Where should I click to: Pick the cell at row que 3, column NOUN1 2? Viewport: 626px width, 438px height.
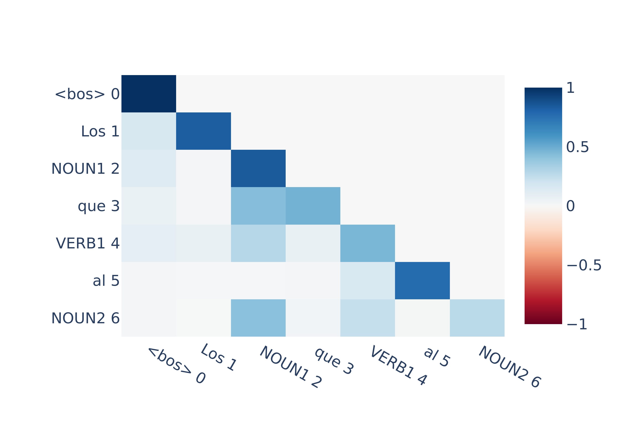pos(258,206)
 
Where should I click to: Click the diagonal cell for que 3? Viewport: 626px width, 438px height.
pos(313,206)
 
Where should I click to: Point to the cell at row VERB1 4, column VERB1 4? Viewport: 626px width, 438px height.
pos(367,243)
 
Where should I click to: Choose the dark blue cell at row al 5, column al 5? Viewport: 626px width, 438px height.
pos(422,281)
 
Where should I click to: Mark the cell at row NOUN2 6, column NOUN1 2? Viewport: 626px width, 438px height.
pos(258,318)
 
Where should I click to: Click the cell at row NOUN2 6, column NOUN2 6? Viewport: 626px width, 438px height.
pos(477,318)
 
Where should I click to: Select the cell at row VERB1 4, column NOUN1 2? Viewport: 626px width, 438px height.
pos(258,243)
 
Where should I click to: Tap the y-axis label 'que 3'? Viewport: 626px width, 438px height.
pos(99,206)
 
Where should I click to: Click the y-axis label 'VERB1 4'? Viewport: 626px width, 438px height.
pos(88,243)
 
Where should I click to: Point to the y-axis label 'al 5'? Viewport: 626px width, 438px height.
pos(106,281)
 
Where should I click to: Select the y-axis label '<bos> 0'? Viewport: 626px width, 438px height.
pos(87,94)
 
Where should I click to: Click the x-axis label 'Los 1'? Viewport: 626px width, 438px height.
pos(219,357)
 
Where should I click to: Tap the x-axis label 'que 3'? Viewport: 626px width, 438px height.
pos(334,361)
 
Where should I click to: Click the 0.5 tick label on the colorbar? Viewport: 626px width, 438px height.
pos(577,147)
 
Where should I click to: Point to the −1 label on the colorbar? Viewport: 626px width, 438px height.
pos(577,324)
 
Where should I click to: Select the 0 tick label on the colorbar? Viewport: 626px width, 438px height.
pos(570,206)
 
